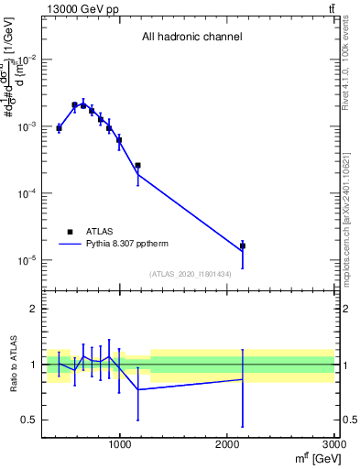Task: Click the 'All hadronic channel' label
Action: tap(191, 38)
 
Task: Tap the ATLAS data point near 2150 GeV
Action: tap(243, 246)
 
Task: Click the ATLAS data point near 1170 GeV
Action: tap(137, 166)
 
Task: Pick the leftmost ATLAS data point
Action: tap(59, 128)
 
